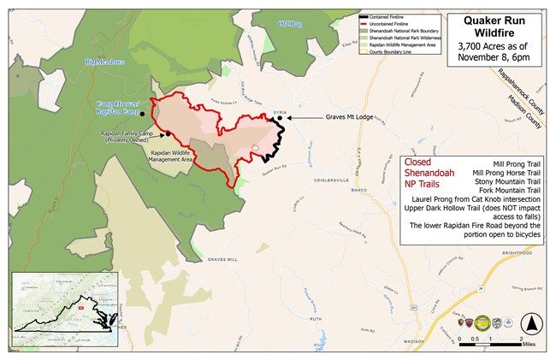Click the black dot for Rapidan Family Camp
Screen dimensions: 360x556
(168, 133)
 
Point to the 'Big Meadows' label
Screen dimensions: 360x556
(106, 62)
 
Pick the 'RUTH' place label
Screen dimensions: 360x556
(316, 317)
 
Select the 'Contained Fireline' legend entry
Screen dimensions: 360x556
(393, 17)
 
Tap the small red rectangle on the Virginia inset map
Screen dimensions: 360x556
(80, 306)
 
